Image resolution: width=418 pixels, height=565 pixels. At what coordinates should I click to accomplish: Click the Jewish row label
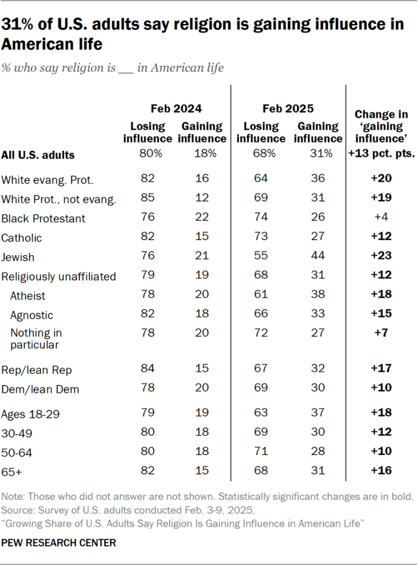click(18, 257)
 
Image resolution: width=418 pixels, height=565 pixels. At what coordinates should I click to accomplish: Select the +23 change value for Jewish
click(381, 257)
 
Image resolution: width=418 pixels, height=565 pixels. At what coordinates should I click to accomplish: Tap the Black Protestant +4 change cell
click(381, 218)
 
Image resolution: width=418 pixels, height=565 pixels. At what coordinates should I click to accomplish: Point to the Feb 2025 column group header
click(288, 109)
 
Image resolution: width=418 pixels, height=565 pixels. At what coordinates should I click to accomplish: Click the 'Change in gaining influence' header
click(381, 126)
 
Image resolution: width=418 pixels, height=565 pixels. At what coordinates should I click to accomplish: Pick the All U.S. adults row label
click(38, 155)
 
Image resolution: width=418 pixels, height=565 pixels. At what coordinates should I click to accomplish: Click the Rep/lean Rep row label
click(37, 369)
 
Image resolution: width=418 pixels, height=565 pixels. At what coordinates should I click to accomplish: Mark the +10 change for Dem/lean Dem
click(381, 388)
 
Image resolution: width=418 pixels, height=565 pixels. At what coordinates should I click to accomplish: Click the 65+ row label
click(13, 471)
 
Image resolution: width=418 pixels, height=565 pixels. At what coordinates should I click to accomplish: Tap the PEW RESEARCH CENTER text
click(59, 543)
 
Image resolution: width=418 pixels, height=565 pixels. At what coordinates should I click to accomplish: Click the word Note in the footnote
click(11, 497)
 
